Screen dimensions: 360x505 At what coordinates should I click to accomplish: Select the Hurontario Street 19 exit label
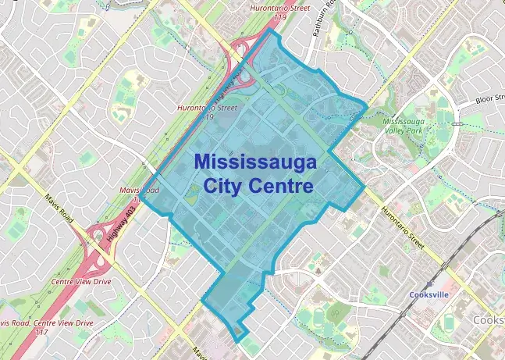click(x=205, y=111)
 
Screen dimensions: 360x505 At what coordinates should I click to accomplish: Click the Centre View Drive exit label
click(x=80, y=280)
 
